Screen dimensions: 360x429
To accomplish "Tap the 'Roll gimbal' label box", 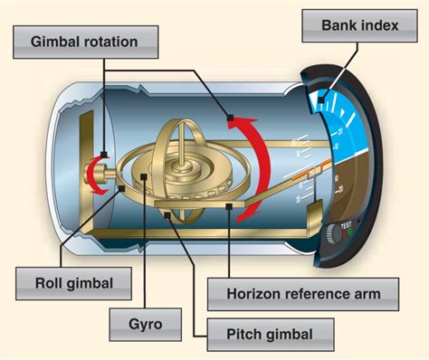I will tap(77, 283).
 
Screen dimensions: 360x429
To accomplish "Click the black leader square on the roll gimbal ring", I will tap(122, 187).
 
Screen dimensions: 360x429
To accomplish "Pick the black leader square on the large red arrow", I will tap(231, 118).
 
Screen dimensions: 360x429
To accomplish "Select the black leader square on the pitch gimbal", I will tap(169, 213).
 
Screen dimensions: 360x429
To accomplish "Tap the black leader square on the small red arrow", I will tap(105, 154).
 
